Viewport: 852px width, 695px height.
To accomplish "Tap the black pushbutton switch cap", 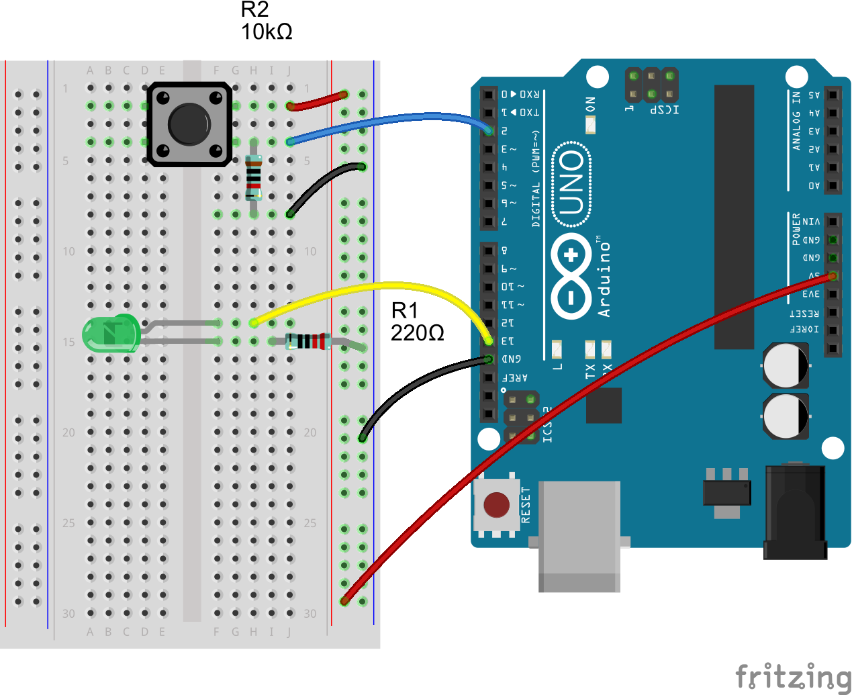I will pyautogui.click(x=189, y=124).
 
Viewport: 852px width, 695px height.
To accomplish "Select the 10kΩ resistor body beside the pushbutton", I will pyautogui.click(x=253, y=178).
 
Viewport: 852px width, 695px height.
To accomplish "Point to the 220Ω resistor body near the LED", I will pyautogui.click(x=308, y=341).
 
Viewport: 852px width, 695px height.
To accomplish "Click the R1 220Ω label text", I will pyautogui.click(x=417, y=322).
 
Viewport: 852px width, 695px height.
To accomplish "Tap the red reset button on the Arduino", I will pyautogui.click(x=496, y=504).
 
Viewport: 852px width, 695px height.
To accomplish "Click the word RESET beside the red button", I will pyautogui.click(x=526, y=505).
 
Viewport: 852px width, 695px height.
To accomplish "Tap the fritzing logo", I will pyautogui.click(x=792, y=677).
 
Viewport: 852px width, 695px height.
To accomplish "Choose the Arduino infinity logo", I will pyautogui.click(x=571, y=275).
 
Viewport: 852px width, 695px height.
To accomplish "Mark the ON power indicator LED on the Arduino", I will pyautogui.click(x=590, y=125).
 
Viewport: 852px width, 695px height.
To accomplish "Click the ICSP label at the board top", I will pyautogui.click(x=664, y=109).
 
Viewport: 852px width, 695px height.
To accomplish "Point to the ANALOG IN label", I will pyautogui.click(x=796, y=121).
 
